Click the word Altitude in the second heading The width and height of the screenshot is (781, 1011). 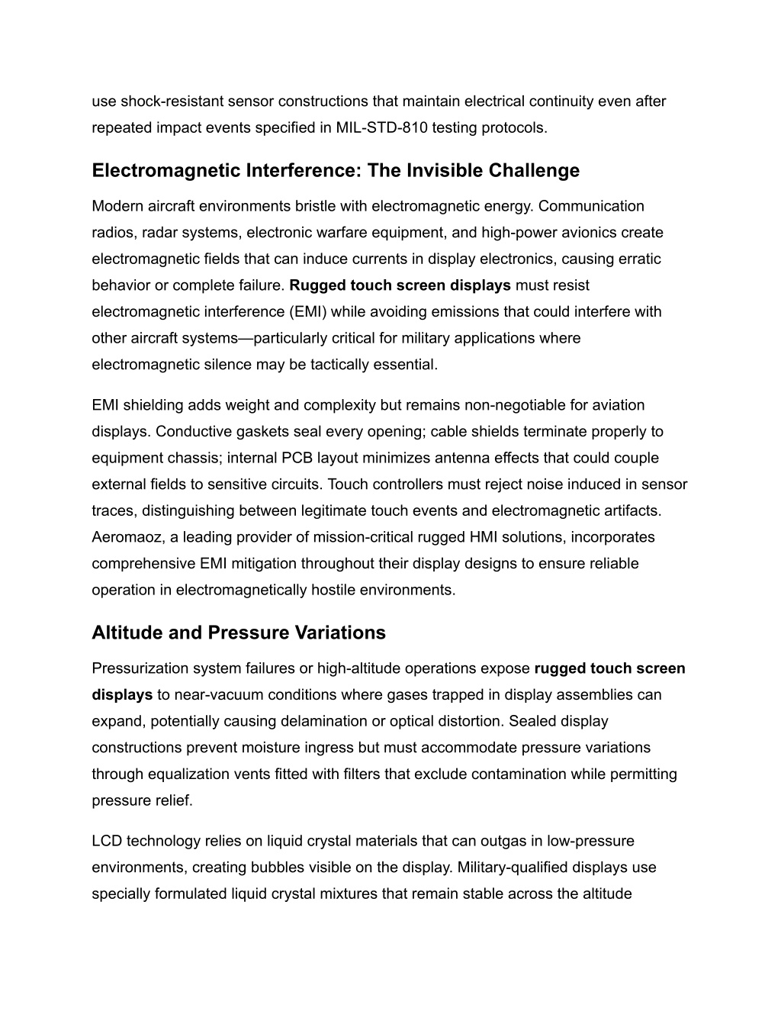(122, 633)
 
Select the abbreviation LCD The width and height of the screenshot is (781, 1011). (107, 841)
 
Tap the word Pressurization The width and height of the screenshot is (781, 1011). (140, 668)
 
